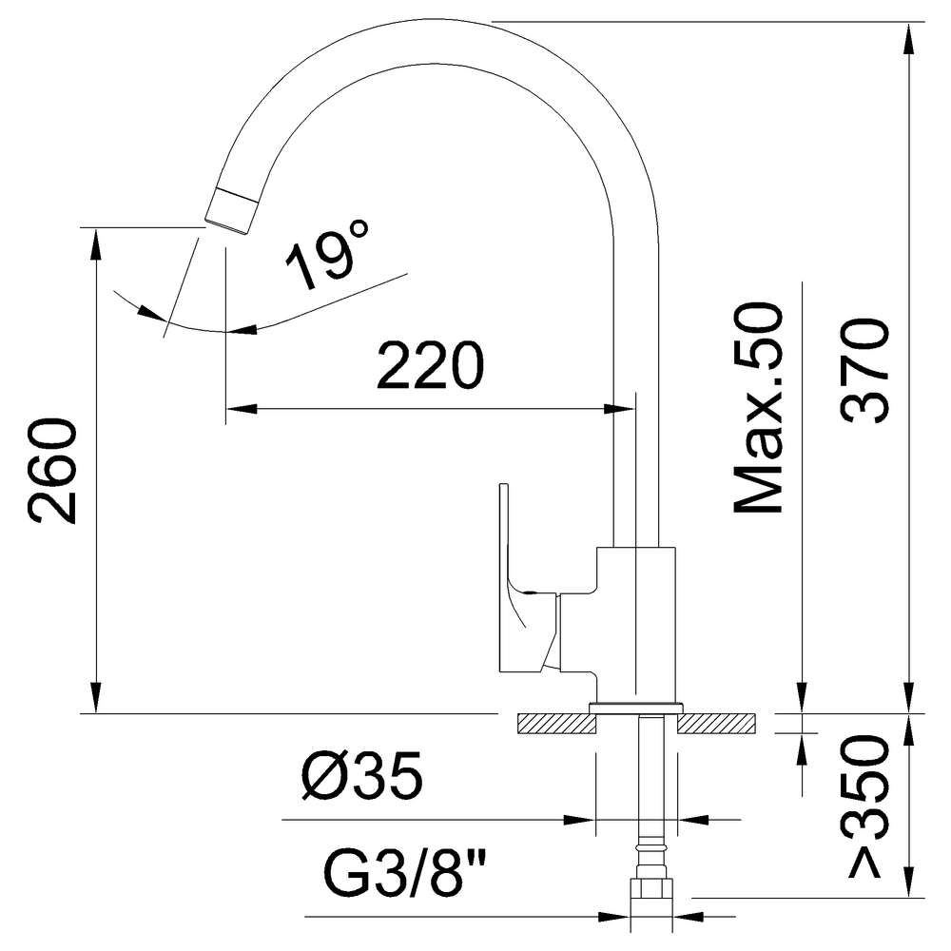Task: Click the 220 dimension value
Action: tap(430, 365)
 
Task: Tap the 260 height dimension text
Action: tap(52, 470)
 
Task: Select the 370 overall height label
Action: tap(864, 371)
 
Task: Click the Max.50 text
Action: tap(758, 408)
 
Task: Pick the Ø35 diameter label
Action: tap(362, 776)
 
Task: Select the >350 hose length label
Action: tap(864, 806)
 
